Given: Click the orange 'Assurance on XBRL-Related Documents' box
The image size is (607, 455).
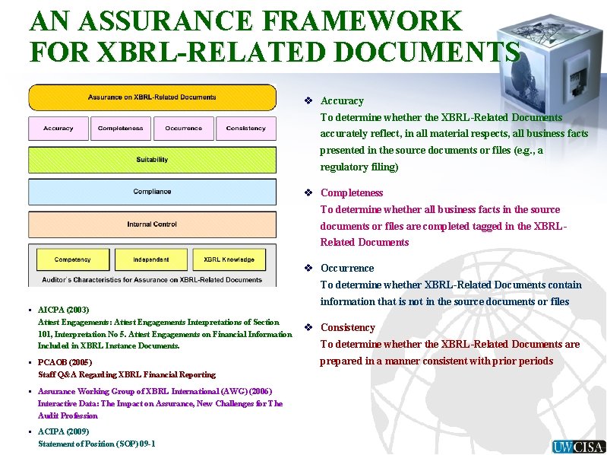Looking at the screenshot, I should [x=152, y=97].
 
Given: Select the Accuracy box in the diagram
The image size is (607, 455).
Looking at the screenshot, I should [x=58, y=129].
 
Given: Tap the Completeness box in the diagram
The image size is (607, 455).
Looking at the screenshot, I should [x=120, y=129].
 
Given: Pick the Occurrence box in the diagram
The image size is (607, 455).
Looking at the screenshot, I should [x=183, y=129].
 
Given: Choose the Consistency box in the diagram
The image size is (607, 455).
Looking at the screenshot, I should [x=245, y=129].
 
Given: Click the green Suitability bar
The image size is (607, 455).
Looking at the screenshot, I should [x=152, y=160].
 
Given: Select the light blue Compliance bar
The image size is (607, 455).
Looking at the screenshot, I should [x=152, y=192].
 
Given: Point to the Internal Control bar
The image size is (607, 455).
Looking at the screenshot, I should [x=152, y=224].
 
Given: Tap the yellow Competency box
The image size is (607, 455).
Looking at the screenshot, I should [x=72, y=259].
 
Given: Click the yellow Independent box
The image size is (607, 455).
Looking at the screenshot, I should [x=150, y=259].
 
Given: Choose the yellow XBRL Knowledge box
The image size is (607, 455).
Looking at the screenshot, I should [x=229, y=259].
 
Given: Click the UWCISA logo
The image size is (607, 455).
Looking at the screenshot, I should [x=578, y=447].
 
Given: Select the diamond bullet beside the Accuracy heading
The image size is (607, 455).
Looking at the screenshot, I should [x=308, y=101].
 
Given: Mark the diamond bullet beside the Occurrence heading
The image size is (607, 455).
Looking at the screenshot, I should [x=308, y=269].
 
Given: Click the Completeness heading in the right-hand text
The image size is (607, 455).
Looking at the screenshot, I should [x=351, y=193].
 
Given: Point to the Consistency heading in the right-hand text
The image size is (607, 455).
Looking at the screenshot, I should [x=348, y=328].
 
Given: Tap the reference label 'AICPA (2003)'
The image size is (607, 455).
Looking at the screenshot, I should [x=63, y=310].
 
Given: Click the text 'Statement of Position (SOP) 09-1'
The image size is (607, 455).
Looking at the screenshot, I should [x=96, y=444].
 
